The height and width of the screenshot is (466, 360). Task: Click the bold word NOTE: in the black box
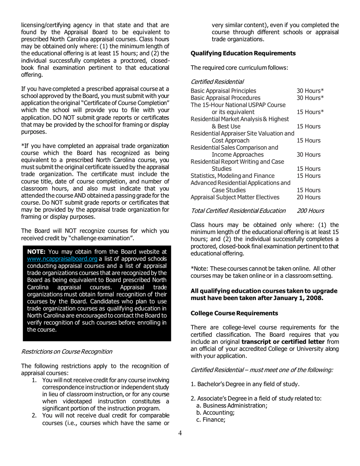click(37, 252)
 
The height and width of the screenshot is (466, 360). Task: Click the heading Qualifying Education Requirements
click(243, 53)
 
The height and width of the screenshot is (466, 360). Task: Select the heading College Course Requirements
click(234, 313)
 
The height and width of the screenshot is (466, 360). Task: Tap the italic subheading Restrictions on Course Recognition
click(67, 351)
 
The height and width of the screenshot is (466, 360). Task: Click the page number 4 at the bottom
click(180, 433)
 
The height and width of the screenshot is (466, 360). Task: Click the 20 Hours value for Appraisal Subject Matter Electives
click(309, 197)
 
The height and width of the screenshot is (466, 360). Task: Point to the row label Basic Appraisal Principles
click(223, 91)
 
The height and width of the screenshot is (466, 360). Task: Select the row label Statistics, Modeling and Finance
click(232, 176)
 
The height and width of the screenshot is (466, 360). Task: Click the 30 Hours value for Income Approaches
click(309, 155)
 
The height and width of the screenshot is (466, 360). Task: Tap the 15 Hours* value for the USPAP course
click(310, 112)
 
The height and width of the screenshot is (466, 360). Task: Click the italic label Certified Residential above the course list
click(217, 81)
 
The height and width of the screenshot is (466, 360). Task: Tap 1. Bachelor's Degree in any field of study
click(245, 384)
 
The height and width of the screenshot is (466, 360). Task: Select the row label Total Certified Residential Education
click(238, 210)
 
